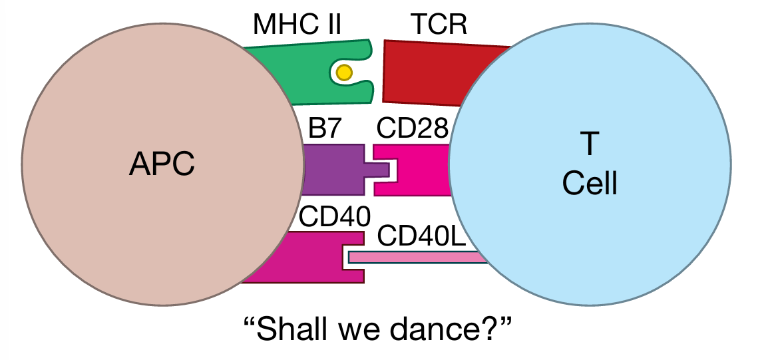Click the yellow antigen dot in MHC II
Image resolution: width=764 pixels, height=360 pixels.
(x=343, y=73)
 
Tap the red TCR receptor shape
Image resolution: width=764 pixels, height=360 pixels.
(x=426, y=73)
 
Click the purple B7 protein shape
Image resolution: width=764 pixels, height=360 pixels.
(x=333, y=170)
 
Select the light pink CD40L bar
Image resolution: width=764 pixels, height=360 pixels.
(x=413, y=257)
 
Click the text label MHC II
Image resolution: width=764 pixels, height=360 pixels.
(x=297, y=25)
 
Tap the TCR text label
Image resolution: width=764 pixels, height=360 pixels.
(x=439, y=25)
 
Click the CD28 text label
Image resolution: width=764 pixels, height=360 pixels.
(x=413, y=128)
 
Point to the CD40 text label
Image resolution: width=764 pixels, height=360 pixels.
(x=330, y=216)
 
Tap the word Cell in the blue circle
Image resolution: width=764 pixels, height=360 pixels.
(x=590, y=183)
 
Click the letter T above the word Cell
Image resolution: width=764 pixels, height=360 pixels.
(x=590, y=144)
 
